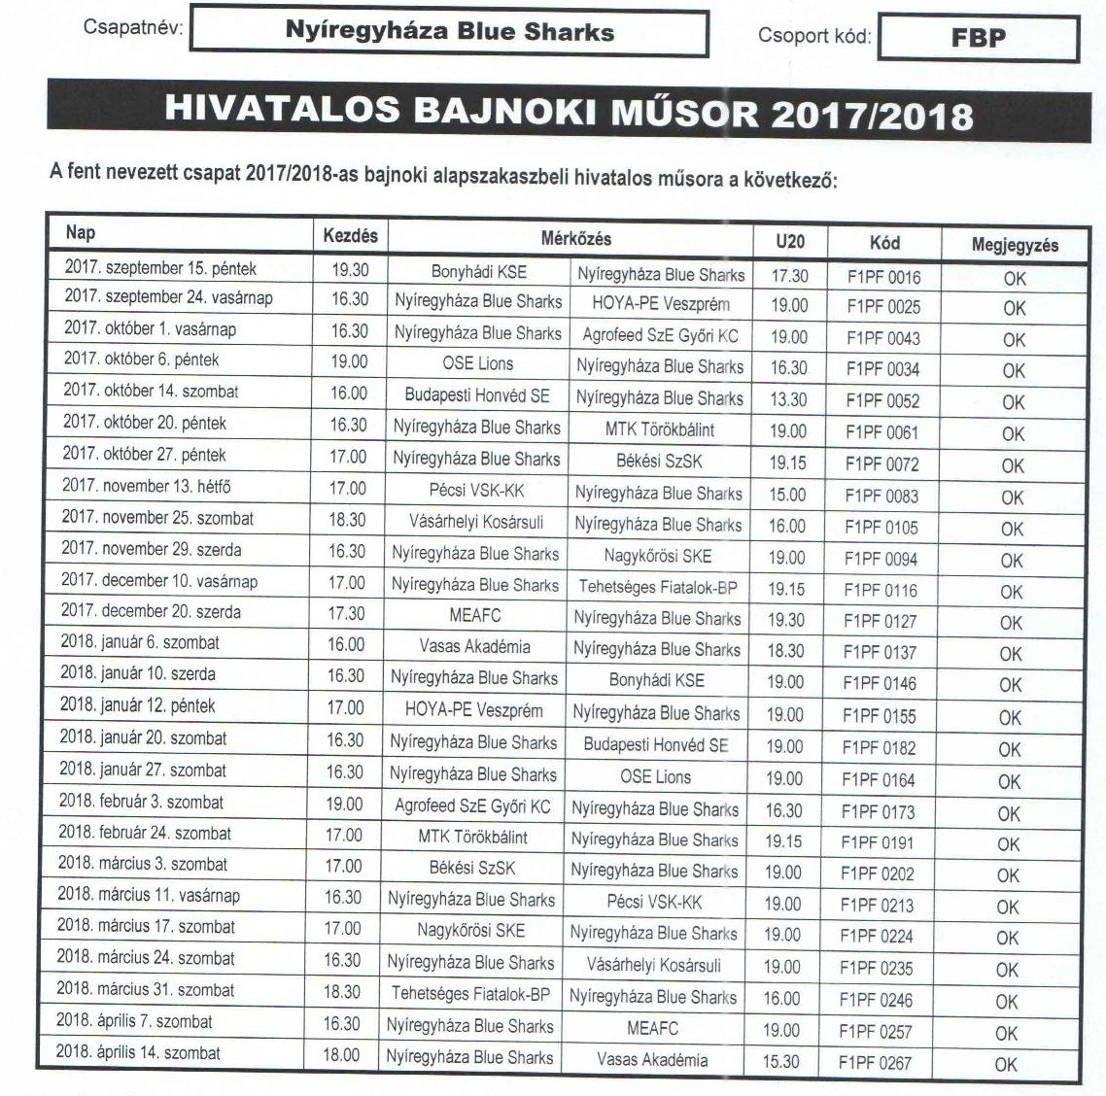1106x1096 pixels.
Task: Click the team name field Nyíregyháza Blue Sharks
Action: click(449, 32)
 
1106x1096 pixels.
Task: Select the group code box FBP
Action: click(978, 38)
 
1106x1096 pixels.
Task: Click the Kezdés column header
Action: click(350, 236)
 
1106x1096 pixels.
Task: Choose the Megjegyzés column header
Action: click(1015, 245)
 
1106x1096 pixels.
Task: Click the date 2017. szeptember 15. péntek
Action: click(160, 267)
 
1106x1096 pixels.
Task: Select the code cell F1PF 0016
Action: click(883, 276)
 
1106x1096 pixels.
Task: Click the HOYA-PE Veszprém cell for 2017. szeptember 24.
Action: click(661, 304)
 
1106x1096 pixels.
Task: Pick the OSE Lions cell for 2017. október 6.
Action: click(477, 363)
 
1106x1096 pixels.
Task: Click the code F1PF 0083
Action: click(881, 496)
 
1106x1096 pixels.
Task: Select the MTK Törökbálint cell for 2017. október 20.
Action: click(660, 429)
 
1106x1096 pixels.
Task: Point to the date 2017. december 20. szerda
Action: click(152, 612)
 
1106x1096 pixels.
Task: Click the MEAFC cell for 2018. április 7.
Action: click(652, 1028)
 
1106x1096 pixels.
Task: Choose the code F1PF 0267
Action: click(876, 1062)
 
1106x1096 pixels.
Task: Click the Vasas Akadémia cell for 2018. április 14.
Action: click(652, 1060)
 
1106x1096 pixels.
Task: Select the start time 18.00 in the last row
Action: click(341, 1055)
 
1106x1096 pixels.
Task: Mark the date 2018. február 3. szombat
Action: click(141, 802)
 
